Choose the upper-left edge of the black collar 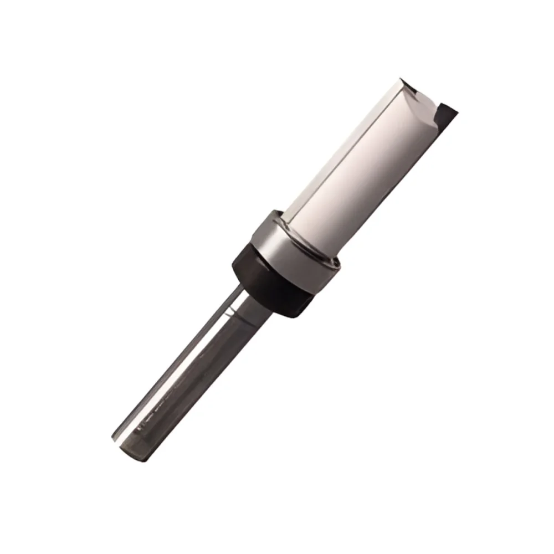(x=238, y=255)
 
